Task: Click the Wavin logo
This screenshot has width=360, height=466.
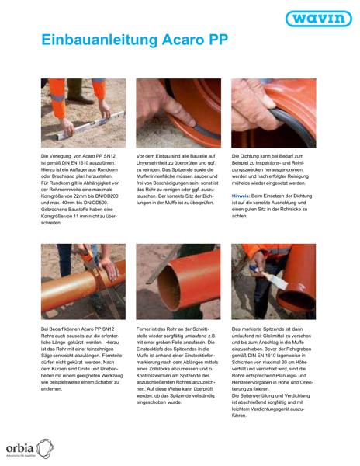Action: click(319, 19)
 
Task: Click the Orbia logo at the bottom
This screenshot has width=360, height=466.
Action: click(29, 448)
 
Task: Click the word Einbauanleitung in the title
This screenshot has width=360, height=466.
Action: click(99, 40)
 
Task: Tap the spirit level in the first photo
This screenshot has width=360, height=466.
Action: click(91, 125)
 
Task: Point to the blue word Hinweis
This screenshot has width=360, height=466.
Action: click(241, 196)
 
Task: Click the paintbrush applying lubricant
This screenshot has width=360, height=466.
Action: click(270, 277)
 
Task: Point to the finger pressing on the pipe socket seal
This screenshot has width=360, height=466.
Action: click(178, 111)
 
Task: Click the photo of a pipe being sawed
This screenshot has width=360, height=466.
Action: click(83, 282)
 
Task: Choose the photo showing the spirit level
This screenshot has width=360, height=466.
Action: click(83, 113)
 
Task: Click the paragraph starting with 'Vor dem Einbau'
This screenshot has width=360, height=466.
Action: click(178, 179)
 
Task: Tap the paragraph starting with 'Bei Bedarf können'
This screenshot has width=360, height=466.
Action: click(82, 359)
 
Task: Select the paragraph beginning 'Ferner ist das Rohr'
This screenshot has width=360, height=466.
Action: click(177, 366)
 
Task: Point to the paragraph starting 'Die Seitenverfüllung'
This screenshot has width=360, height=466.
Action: click(271, 405)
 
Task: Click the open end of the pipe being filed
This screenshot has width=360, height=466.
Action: click(168, 288)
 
